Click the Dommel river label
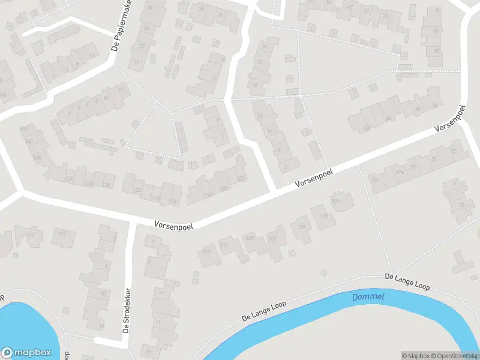[368, 297]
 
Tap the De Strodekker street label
[127, 311]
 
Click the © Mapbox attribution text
[414, 355]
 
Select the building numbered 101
[335, 202]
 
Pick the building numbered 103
[324, 217]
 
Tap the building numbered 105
[301, 227]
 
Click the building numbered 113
[224, 245]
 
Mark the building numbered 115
[61, 233]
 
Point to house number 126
[107, 184]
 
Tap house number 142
[29, 142]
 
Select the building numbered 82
[434, 51]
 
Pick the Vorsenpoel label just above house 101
[313, 179]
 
